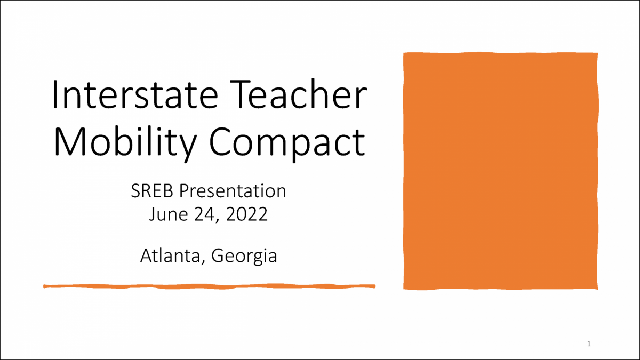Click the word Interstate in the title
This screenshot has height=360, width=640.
135,94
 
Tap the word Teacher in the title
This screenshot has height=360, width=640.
298,94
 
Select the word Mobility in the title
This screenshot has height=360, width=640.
125,142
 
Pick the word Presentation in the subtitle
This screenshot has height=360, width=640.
233,191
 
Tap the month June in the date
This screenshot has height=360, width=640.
169,214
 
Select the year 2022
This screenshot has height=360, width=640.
247,214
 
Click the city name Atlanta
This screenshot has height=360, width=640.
170,255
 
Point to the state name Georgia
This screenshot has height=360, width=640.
244,257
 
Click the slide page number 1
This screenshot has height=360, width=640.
589,343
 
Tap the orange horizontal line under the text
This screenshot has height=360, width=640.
209,286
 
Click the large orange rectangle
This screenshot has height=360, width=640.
501,171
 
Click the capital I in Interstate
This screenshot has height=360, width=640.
55,94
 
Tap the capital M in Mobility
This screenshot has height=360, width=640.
69,141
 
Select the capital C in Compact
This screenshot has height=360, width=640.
220,142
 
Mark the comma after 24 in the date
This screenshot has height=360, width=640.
218,220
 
